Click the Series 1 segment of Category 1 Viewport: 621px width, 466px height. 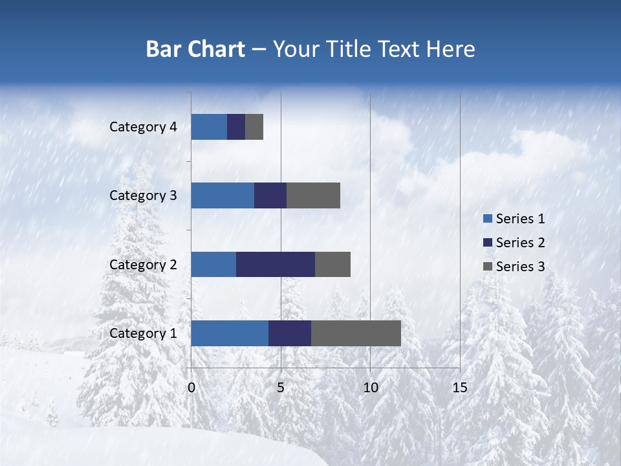click(230, 333)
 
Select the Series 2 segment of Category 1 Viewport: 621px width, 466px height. click(290, 333)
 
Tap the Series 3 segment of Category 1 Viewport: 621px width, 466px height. click(356, 333)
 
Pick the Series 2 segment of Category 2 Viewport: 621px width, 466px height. click(276, 264)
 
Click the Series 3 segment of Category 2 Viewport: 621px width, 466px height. click(332, 264)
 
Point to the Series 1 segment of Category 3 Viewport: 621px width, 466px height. click(223, 195)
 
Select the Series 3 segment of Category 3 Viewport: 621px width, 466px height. click(313, 195)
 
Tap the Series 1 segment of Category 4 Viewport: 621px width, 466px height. click(209, 126)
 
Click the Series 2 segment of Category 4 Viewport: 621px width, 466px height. click(236, 126)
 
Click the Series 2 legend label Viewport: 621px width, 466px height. click(520, 243)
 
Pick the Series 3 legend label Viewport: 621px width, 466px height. click(520, 267)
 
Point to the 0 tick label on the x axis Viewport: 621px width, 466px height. click(191, 388)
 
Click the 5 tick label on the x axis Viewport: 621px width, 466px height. click(281, 388)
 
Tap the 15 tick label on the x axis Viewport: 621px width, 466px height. click(459, 388)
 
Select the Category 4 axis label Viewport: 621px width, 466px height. click(143, 127)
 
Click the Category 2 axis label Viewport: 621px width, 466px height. click(143, 265)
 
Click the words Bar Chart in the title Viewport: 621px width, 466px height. click(195, 49)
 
